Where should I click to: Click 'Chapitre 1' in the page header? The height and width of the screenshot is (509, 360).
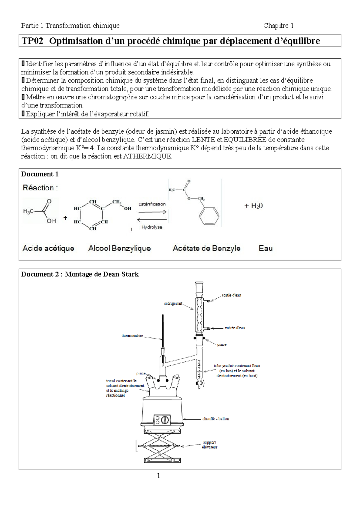point(278,26)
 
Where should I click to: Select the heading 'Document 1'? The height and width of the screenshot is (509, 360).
point(40,174)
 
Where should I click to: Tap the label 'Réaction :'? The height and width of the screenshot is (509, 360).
point(40,188)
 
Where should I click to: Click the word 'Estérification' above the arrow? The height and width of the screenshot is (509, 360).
point(152,204)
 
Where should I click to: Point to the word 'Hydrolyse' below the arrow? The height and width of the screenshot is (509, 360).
point(152,227)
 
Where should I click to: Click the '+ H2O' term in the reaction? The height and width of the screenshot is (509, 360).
point(253,206)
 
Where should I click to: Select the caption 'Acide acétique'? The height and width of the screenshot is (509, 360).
point(48,248)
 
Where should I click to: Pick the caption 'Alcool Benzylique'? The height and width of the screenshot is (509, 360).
point(119,248)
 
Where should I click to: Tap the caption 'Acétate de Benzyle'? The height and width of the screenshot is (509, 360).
point(206,248)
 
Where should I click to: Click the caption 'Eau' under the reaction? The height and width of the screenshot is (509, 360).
point(265,248)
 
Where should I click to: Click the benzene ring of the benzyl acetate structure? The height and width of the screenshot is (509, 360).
point(209,215)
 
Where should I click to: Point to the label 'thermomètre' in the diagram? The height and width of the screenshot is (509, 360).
point(132,336)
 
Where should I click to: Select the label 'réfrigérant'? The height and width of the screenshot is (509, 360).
point(173,303)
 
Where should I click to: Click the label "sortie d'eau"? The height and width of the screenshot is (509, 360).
point(231,295)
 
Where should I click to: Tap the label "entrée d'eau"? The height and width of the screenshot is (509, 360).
point(235,327)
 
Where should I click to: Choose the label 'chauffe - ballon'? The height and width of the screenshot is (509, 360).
point(216,419)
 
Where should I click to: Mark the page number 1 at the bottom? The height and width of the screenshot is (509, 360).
point(158,475)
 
